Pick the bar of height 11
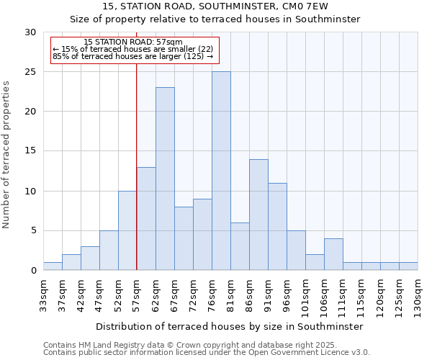277,227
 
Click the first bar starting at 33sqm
53,266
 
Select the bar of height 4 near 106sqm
333,254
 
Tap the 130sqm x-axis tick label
418,294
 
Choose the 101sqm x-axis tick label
306,294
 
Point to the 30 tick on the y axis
30,32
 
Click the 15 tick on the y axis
30,151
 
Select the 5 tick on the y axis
32,231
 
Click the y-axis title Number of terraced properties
6,154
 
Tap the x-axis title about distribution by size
229,326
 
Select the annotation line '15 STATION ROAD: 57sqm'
133,42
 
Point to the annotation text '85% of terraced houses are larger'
133,56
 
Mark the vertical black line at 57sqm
136,166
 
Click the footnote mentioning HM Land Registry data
206,345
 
